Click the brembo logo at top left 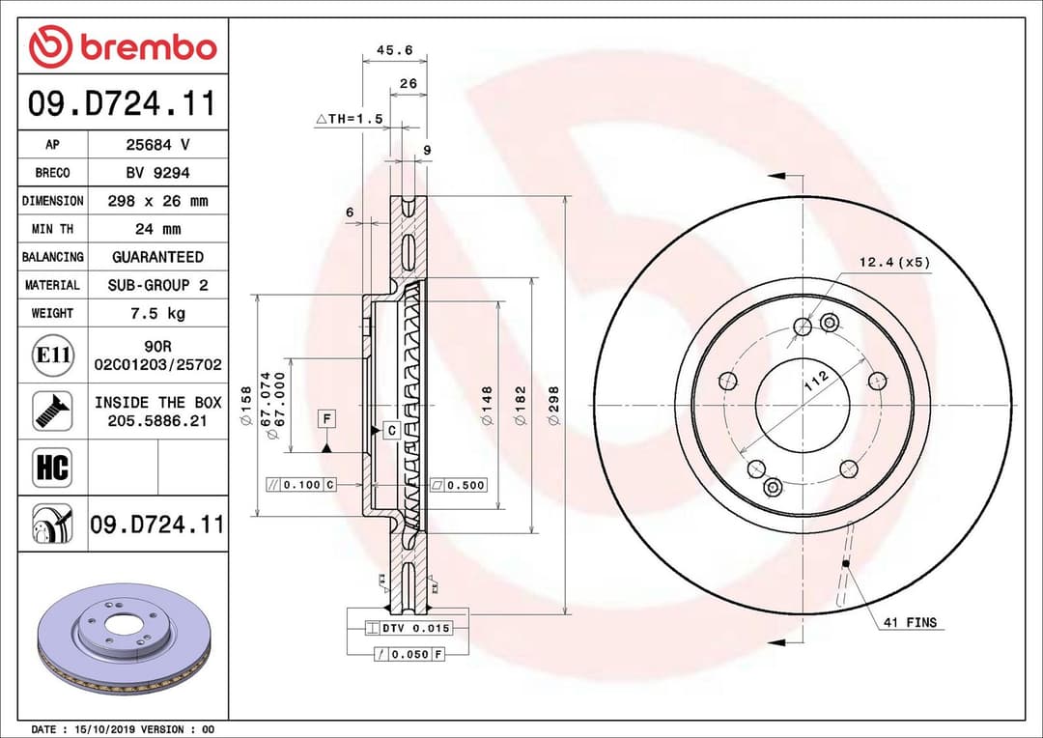123,45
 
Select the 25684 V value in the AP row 157,145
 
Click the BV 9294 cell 157,173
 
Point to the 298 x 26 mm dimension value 157,201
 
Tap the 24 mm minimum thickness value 157,229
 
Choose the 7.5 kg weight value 157,313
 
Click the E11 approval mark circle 52,355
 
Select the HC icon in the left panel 52,468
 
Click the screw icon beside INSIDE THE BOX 52,411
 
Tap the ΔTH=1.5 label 350,119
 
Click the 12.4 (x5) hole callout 894,263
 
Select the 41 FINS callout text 909,623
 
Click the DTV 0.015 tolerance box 409,628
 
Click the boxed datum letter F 328,418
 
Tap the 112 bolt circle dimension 817,380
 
